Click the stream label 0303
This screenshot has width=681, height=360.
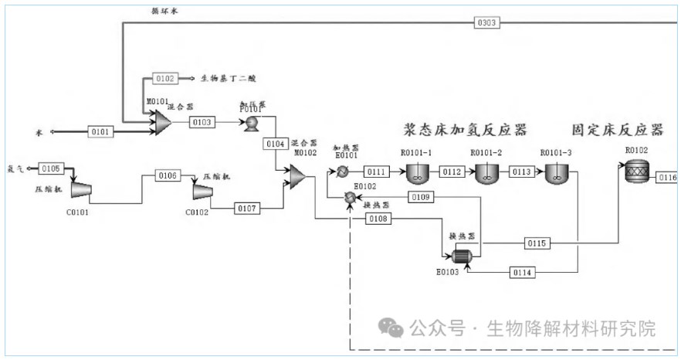pyautogui.click(x=486, y=22)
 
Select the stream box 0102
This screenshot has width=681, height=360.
pyautogui.click(x=165, y=78)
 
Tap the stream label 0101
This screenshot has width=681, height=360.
pyautogui.click(x=100, y=132)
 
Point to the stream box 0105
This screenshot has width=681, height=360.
pyautogui.click(x=50, y=168)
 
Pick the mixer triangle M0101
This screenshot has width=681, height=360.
pyautogui.click(x=161, y=122)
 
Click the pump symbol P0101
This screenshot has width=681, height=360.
pyautogui.click(x=252, y=124)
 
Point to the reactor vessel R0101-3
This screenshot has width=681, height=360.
pyautogui.click(x=555, y=174)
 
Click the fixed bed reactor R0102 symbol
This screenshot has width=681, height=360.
pyautogui.click(x=638, y=174)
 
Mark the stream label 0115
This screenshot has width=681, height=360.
pyautogui.click(x=537, y=243)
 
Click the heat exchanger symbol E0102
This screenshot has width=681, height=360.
pyautogui.click(x=350, y=199)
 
